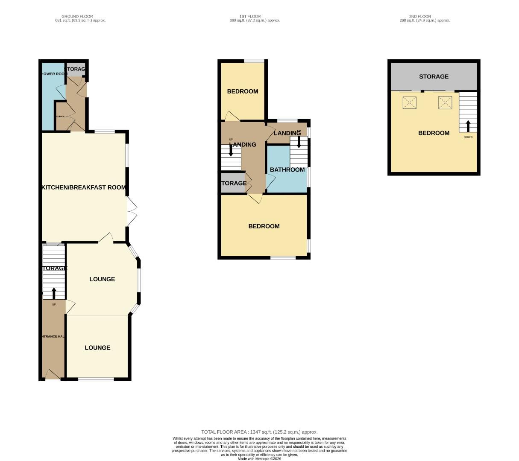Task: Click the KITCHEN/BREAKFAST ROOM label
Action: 84,187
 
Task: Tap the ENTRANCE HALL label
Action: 53,336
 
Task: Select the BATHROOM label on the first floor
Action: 287,170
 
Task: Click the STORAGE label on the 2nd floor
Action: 434,76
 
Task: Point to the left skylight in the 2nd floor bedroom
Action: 410,102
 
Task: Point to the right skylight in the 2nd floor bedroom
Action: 445,102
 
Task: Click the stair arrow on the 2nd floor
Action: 468,126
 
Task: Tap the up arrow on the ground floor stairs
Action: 54,293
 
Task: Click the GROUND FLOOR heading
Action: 77,17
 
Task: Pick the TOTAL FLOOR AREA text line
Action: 259,432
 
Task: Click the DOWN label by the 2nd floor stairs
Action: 468,137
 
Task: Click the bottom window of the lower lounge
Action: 96,379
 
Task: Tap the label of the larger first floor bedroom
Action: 264,226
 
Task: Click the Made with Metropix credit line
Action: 259,459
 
